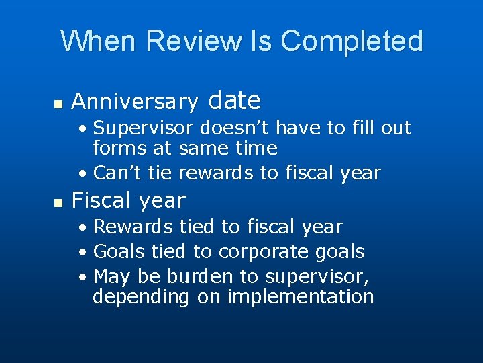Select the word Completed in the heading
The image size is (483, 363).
click(352, 41)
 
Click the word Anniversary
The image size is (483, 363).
click(135, 102)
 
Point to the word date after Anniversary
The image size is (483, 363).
click(234, 101)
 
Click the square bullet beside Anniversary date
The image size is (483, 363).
click(58, 104)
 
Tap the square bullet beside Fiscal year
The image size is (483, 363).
click(58, 202)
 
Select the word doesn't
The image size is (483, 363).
click(224, 128)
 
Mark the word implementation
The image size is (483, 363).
click(301, 297)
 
